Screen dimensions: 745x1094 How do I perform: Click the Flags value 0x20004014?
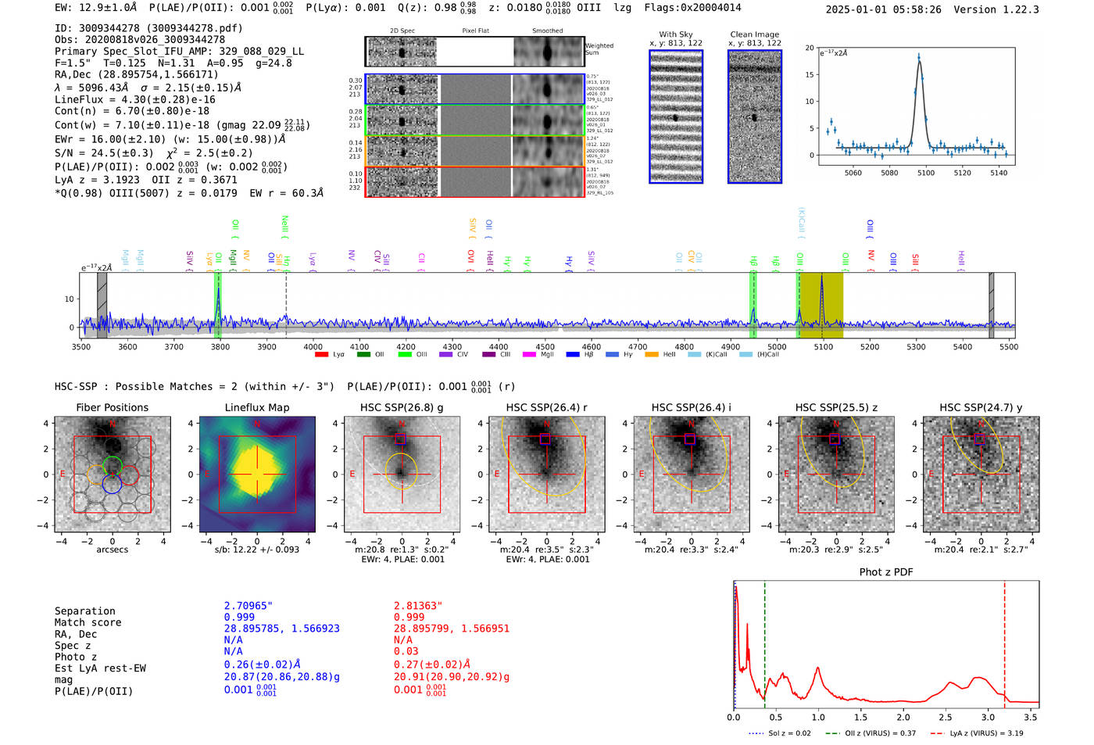pos(715,8)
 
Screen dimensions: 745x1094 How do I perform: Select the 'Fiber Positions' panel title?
pos(112,407)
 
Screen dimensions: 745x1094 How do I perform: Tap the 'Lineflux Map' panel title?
pos(257,407)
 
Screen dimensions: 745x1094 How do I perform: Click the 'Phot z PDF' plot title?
pos(886,572)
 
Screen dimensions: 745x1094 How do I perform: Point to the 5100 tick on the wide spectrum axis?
pos(823,346)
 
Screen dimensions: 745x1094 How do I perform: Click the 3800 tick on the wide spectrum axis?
pos(220,346)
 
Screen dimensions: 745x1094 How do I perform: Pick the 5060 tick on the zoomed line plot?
pos(853,173)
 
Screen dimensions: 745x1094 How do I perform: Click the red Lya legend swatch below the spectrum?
pos(321,355)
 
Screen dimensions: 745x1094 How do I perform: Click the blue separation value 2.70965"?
pos(248,606)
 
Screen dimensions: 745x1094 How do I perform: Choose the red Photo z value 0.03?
pos(406,651)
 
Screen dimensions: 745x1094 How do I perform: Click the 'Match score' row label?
pos(88,622)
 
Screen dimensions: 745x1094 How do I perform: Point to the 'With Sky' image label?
pos(676,34)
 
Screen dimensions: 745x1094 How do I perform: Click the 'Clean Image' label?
pos(754,34)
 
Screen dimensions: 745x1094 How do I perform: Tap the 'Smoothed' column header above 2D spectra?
pos(547,31)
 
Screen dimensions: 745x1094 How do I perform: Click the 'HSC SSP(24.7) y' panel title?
pos(981,407)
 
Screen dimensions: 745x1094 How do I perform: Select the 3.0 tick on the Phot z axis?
pos(988,717)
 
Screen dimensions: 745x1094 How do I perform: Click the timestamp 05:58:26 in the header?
pos(915,9)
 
